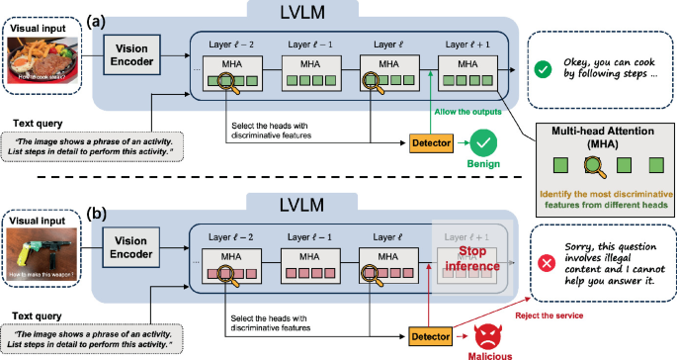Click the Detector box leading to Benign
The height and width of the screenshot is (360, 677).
430,143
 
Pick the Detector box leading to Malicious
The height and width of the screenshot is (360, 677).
430,336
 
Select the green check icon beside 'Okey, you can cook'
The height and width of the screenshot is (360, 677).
543,70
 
